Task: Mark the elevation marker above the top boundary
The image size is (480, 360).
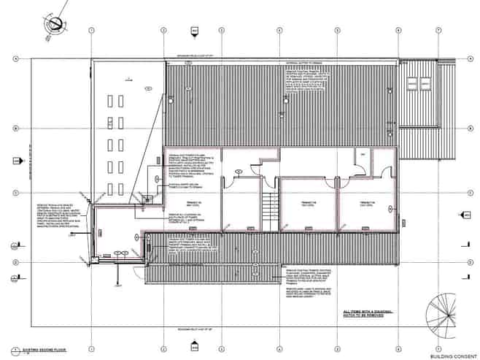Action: [196, 31]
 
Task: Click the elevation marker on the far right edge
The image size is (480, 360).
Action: [464, 215]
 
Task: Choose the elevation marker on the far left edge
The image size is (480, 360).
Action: [16, 244]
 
